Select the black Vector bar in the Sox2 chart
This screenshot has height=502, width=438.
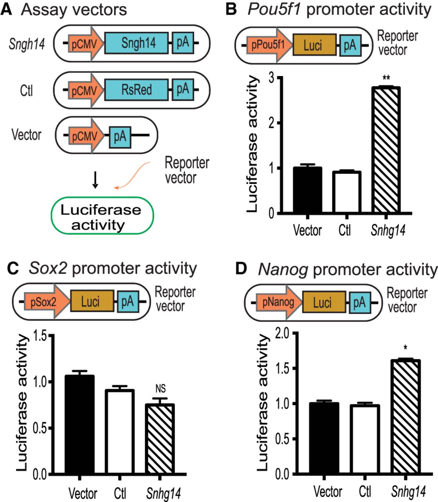point(80,425)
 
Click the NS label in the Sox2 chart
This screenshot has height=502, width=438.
point(160,389)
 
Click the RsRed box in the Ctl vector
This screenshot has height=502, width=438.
point(136,90)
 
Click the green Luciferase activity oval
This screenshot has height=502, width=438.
point(102,216)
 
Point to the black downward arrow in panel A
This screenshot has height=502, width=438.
point(94,180)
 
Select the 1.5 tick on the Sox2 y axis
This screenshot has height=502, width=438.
point(41,336)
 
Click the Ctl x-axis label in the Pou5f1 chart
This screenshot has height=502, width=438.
point(344,230)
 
